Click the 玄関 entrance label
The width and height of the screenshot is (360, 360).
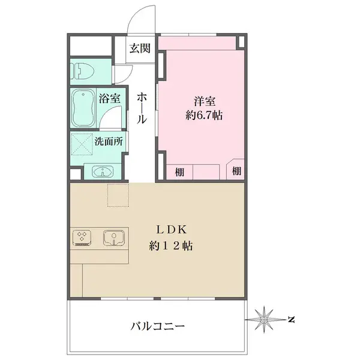pyautogui.click(x=140, y=49)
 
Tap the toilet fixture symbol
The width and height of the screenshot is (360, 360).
pyautogui.click(x=82, y=71)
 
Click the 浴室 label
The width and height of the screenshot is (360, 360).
pyautogui.click(x=110, y=98)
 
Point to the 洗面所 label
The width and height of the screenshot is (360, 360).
pyautogui.click(x=109, y=142)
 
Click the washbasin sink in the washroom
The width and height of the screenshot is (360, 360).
pyautogui.click(x=103, y=172)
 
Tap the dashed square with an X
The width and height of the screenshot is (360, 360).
pyautogui.click(x=82, y=144)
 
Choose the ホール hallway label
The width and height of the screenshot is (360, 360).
pyautogui.click(x=142, y=108)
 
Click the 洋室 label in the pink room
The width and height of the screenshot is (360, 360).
pyautogui.click(x=205, y=101)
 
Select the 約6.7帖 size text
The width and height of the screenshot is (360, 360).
pyautogui.click(x=204, y=115)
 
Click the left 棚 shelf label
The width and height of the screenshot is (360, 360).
pyautogui.click(x=180, y=172)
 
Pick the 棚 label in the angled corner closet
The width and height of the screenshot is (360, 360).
pyautogui.click(x=236, y=171)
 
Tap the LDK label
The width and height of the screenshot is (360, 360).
pyautogui.click(x=171, y=230)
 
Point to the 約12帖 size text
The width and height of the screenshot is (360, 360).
pyautogui.click(x=171, y=246)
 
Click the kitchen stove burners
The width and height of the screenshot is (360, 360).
pyautogui.click(x=82, y=238)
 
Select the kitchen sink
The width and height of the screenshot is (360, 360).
pyautogui.click(x=114, y=238)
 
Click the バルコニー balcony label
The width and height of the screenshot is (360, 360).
pyautogui.click(x=158, y=326)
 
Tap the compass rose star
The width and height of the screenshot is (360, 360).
pyautogui.click(x=264, y=319)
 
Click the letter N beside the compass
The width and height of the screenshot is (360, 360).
pyautogui.click(x=292, y=319)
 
